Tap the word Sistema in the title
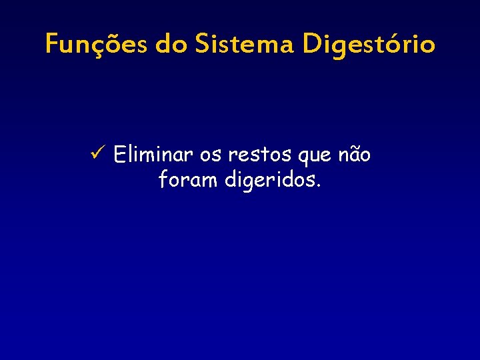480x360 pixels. [245, 45]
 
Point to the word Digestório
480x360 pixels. [368, 45]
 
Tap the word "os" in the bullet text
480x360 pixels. [211, 156]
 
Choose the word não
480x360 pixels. [355, 155]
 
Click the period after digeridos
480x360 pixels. [319, 186]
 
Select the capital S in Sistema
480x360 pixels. [202, 45]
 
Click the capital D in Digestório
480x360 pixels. [312, 45]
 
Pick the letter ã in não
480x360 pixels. [355, 155]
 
